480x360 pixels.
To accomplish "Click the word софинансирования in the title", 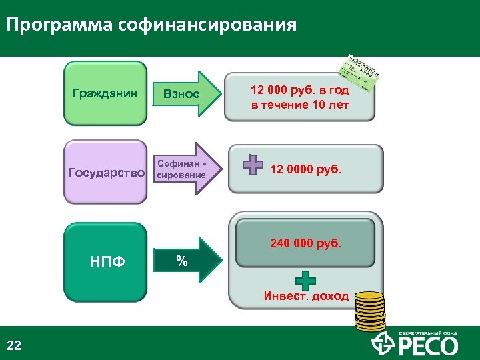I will [x=206, y=26].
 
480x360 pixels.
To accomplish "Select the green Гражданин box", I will [x=105, y=93].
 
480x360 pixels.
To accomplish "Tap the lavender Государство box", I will [x=106, y=173].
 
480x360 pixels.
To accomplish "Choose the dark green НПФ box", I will [x=105, y=261].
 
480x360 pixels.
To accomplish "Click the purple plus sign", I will [x=253, y=165].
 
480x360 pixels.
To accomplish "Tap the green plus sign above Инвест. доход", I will [x=305, y=280].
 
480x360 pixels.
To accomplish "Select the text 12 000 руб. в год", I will [x=299, y=90].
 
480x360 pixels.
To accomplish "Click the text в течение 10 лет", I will [x=299, y=105].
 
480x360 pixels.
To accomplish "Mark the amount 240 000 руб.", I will [x=305, y=244].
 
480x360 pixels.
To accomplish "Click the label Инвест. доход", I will [x=306, y=296].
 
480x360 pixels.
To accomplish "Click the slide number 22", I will [x=14, y=345].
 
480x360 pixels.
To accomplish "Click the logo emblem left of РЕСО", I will [x=383, y=344].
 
